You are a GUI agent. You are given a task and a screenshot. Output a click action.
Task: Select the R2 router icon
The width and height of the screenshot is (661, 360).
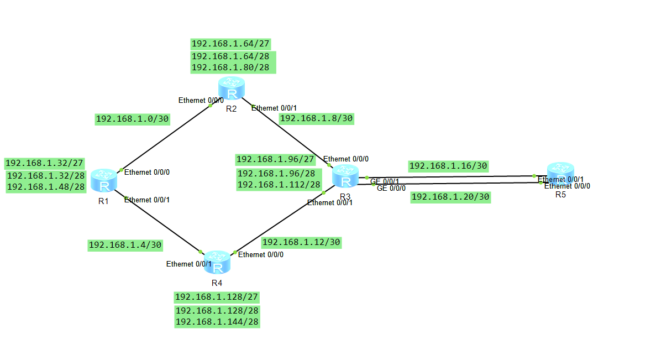(231, 89)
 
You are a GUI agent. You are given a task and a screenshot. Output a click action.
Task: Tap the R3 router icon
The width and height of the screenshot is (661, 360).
(346, 177)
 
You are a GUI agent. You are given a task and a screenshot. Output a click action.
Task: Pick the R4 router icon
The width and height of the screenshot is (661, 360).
(217, 263)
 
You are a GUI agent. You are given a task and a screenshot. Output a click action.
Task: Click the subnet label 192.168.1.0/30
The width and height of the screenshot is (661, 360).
(133, 119)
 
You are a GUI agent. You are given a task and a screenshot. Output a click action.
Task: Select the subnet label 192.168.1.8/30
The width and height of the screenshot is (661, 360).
(317, 118)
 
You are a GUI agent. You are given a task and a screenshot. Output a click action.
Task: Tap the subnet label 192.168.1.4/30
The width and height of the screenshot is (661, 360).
(125, 245)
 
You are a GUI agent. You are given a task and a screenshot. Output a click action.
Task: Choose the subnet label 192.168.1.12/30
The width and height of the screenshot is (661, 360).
(301, 242)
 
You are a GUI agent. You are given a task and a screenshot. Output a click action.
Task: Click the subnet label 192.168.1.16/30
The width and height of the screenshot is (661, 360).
(448, 166)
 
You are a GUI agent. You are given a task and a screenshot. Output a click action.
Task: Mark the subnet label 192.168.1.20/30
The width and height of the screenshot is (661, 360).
(450, 197)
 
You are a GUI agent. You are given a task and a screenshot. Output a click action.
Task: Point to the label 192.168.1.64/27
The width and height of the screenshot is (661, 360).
(230, 44)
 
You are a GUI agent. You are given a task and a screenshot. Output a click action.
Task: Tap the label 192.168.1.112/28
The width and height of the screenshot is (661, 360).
(279, 185)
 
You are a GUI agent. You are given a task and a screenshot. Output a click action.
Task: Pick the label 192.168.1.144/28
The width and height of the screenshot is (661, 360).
(217, 321)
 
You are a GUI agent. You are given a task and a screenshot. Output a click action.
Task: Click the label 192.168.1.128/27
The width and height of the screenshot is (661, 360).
(217, 297)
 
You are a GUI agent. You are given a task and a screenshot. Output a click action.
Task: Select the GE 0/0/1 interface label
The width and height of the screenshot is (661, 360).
(385, 181)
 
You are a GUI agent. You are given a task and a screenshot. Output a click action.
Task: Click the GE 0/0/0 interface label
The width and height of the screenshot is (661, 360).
(391, 189)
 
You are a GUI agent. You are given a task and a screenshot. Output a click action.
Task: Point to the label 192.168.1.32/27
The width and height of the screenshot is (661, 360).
(44, 163)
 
